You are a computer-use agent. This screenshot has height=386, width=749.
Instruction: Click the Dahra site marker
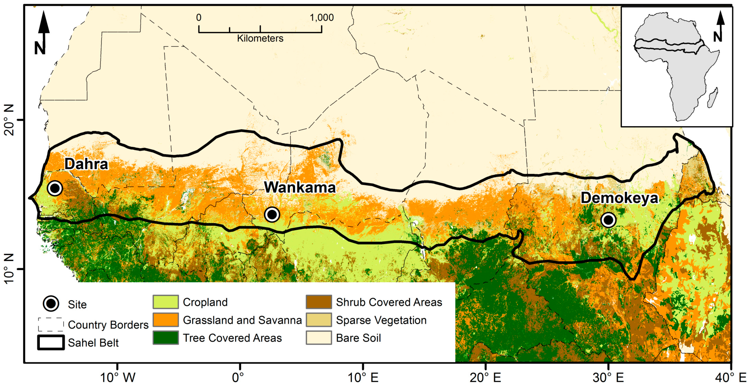(55, 188)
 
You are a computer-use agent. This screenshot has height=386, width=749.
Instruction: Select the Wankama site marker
(272, 215)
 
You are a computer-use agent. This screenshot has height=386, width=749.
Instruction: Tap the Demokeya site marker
(608, 220)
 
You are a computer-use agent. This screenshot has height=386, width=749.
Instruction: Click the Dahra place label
(86, 164)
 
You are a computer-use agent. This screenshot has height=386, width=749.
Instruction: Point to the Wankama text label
(300, 188)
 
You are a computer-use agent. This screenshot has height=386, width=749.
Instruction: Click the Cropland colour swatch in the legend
(165, 302)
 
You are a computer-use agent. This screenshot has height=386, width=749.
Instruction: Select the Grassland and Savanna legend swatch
(165, 320)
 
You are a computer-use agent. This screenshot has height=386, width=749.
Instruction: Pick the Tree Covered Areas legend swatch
(165, 338)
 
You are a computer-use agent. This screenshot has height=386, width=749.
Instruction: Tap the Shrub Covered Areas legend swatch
(319, 302)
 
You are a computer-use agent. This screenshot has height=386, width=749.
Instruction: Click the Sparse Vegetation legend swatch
(319, 320)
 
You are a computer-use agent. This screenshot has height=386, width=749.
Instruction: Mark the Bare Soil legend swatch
(319, 338)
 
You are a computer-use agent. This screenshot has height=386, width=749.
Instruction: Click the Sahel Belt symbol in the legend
(51, 342)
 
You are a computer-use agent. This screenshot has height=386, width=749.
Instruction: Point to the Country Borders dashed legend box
(51, 324)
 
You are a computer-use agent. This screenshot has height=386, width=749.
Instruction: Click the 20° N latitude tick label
(9, 120)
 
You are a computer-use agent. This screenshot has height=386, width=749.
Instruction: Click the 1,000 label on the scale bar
(322, 18)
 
